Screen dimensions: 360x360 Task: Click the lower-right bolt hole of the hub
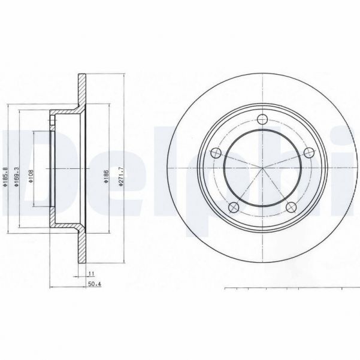pos(291,207)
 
